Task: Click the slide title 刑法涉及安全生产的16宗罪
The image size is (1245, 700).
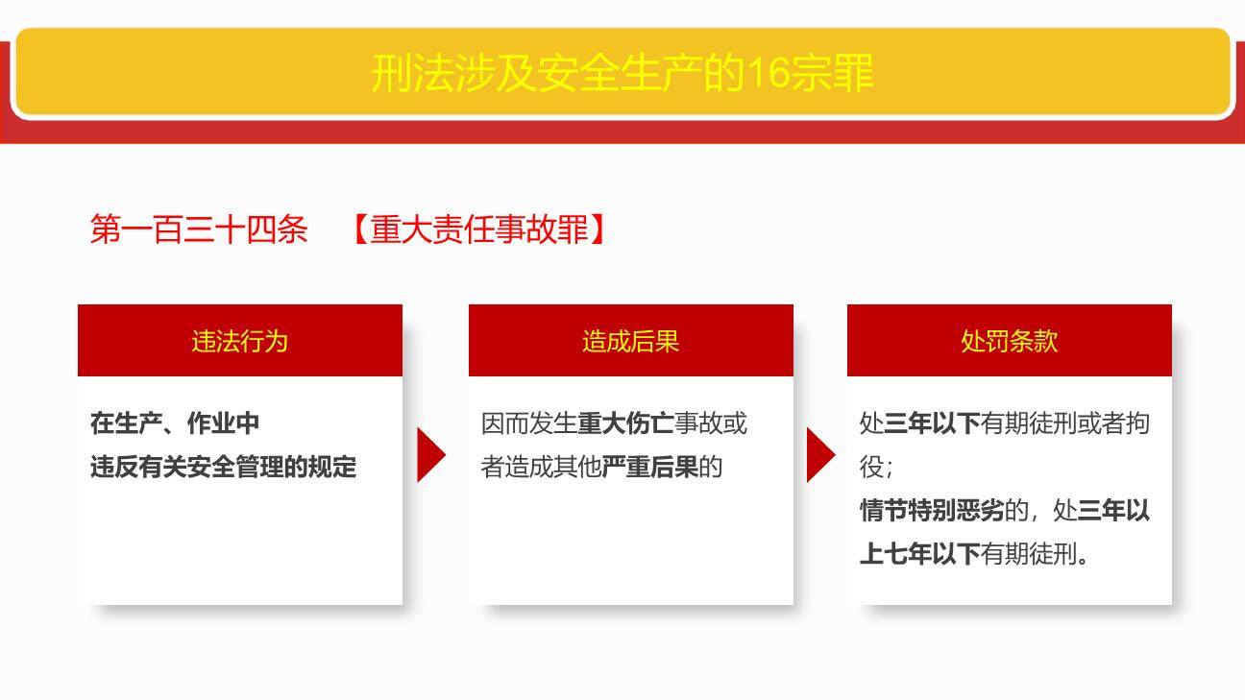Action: (622, 73)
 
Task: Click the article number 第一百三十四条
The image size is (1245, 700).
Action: (199, 229)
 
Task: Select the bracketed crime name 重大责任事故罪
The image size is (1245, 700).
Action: (478, 229)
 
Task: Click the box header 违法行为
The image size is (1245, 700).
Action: (239, 341)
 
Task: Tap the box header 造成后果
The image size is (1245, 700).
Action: (630, 341)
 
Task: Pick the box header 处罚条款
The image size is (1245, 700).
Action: (1009, 341)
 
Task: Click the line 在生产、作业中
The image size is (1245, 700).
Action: (175, 423)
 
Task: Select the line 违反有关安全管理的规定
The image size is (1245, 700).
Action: (223, 467)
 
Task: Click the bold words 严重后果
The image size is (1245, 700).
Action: (649, 467)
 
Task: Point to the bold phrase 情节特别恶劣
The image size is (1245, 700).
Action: (931, 510)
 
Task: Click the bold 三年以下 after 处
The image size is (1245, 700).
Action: (932, 423)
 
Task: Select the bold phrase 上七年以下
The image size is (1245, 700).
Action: (919, 554)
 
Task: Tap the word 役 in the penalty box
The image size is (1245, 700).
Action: (871, 468)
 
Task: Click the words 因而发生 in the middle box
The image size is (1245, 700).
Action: (528, 423)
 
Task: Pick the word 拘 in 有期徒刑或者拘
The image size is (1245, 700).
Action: (1137, 423)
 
